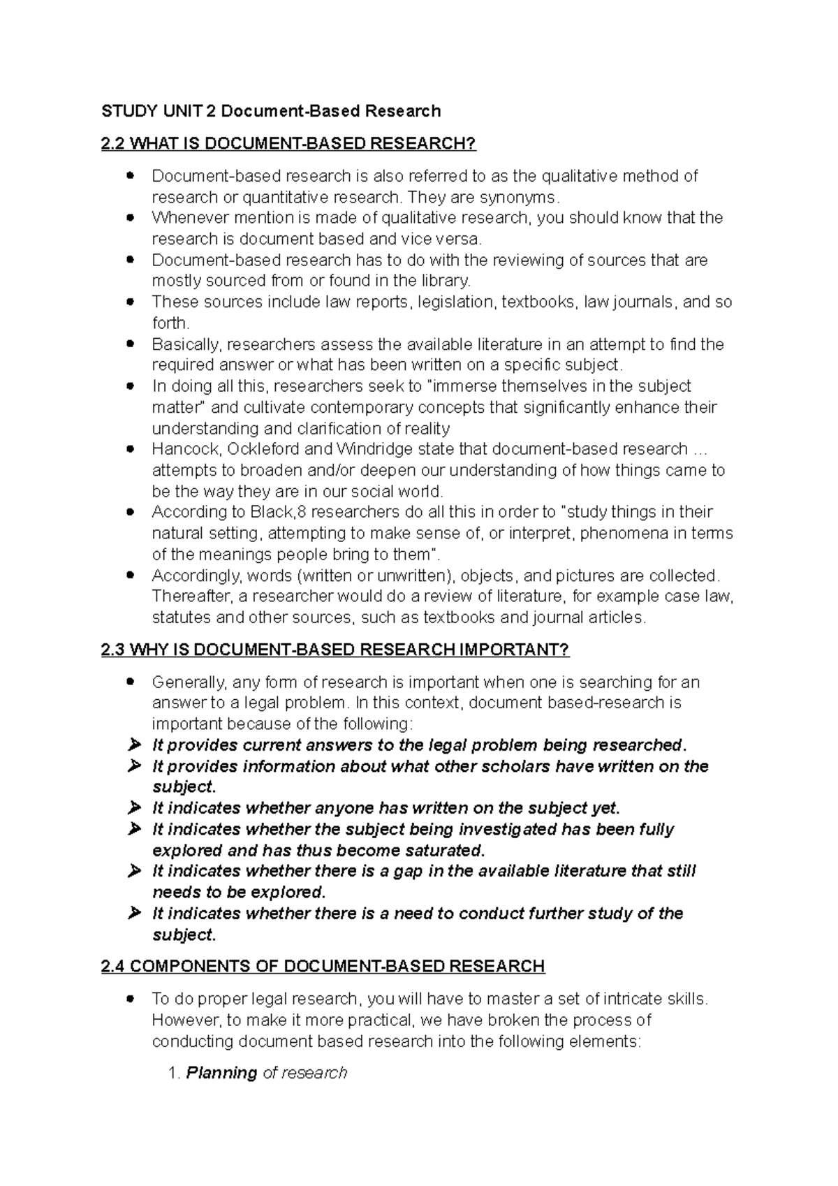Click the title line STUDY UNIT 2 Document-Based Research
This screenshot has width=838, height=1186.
pos(271,111)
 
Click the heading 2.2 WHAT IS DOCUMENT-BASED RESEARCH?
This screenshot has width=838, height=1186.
pos(288,144)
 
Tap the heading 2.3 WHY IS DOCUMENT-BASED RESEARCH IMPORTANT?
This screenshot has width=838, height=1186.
pos(335,650)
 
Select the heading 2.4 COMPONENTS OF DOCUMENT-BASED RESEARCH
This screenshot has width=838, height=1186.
pos(323,967)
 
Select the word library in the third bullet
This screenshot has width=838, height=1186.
pos(447,281)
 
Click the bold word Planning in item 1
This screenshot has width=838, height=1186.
pos(221,1073)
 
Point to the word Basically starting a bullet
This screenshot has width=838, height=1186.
pos(186,344)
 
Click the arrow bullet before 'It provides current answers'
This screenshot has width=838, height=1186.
pos(134,745)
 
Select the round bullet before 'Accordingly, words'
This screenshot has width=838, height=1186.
pos(130,576)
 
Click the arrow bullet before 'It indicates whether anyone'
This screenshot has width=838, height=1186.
pos(134,808)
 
